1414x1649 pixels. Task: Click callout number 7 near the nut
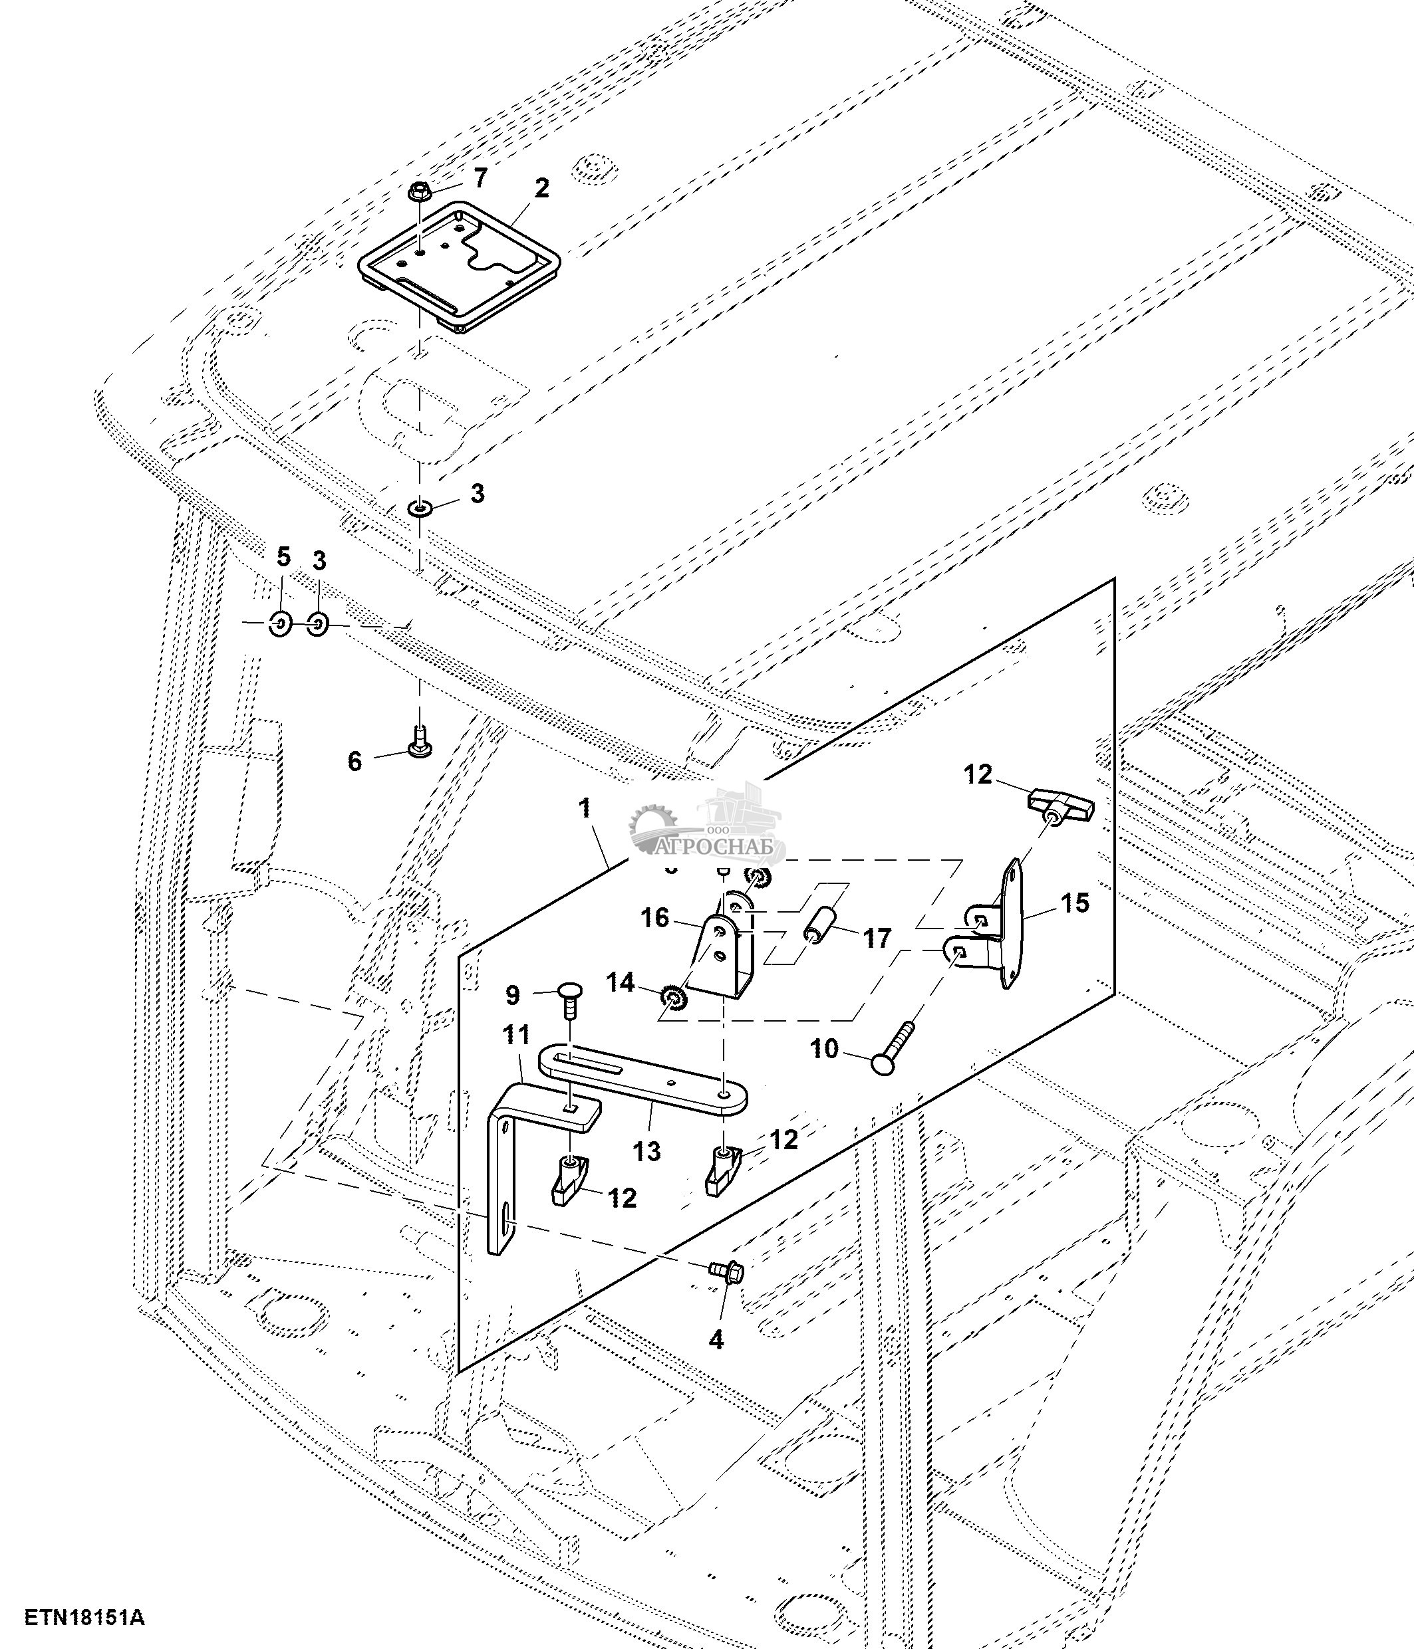(480, 177)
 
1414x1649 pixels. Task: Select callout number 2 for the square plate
(541, 189)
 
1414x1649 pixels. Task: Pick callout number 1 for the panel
(585, 809)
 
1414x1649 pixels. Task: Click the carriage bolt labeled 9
(569, 997)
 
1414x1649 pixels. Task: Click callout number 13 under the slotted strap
(647, 1150)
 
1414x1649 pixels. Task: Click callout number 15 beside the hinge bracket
(1074, 903)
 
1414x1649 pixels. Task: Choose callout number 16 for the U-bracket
(655, 918)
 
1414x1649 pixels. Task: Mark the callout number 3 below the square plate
(477, 493)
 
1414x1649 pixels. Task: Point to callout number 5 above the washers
(283, 556)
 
